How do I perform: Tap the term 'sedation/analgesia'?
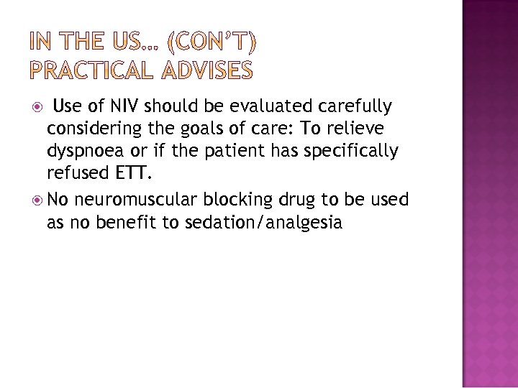tap(261, 223)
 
